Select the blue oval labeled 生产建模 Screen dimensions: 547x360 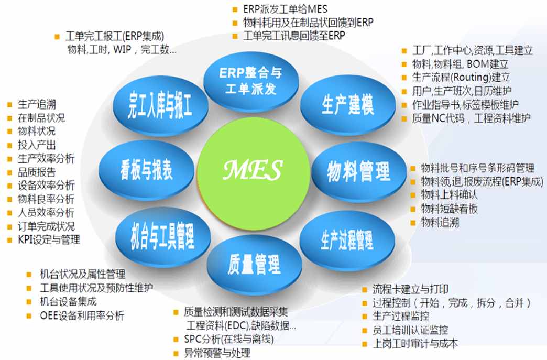348,105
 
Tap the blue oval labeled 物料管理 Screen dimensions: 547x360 358,172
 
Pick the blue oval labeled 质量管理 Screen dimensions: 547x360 254,265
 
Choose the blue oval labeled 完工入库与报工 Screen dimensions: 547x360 160,105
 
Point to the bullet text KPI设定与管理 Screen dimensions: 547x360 49,240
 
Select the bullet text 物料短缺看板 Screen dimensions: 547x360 450,209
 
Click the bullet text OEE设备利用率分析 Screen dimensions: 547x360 82,315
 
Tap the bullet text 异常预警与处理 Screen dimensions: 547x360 217,353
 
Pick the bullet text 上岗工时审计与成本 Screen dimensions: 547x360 415,344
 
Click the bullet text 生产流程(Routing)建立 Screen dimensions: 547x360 461,77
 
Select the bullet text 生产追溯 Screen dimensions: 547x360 37,104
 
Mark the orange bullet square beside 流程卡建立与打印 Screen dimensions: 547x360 365,290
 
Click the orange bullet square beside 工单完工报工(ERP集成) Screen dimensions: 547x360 57,37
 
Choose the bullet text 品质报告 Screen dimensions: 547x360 37,172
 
